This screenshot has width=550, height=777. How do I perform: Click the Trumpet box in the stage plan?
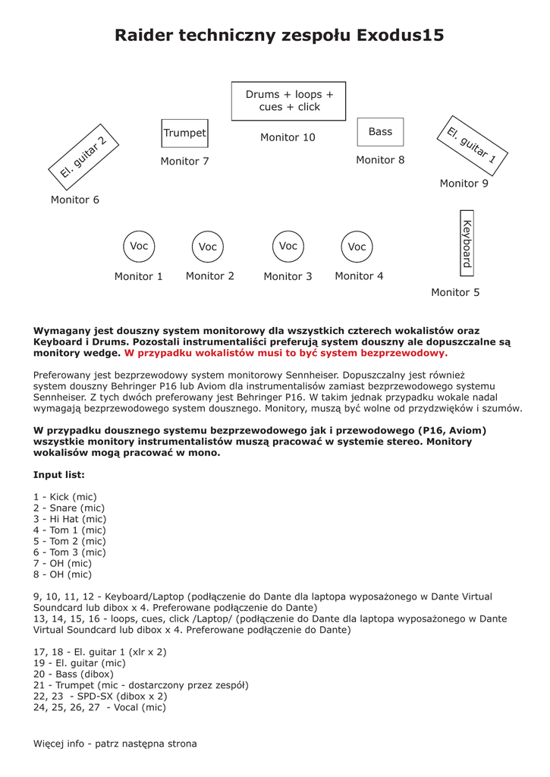pos(184,133)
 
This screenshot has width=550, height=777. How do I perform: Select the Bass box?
pos(380,132)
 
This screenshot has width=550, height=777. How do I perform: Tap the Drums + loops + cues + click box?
pos(288,101)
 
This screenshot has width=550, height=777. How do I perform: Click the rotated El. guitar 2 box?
pos(83,156)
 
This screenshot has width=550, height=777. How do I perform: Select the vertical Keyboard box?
pos(467,242)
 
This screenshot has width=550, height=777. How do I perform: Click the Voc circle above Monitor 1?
pos(139,246)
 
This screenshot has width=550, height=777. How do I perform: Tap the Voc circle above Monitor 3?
pos(288,246)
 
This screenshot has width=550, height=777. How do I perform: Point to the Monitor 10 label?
pos(288,137)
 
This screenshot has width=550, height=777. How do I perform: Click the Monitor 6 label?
pos(75,200)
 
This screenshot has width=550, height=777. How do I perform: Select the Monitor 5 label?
pos(455,292)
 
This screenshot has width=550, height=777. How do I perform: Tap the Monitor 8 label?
pos(380,160)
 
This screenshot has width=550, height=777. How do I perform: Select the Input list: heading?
pos(59,475)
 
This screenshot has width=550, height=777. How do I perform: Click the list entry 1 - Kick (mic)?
pos(65,497)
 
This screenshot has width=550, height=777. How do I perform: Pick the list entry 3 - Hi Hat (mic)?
pos(70,519)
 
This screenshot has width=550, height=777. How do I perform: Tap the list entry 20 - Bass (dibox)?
pos(74,674)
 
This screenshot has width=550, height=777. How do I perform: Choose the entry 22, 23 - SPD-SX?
pos(100,696)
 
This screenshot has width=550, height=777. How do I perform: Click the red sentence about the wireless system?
pos(286,353)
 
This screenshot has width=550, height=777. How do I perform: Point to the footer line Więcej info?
pos(115,744)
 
